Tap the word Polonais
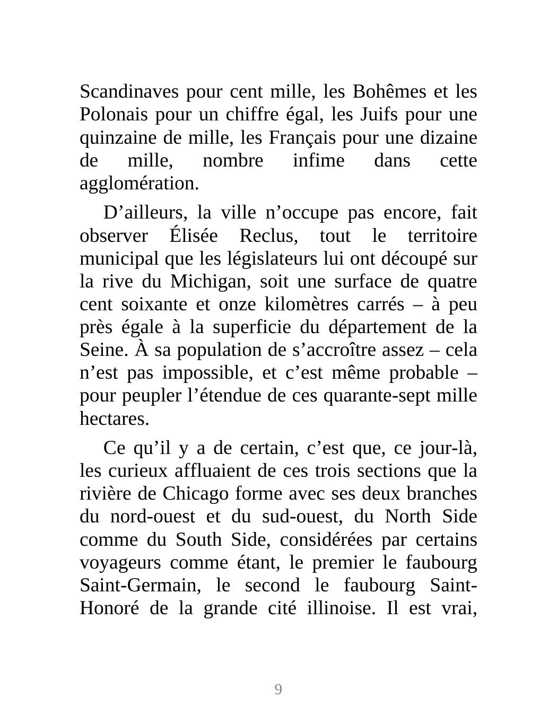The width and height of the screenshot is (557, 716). [x=110, y=115]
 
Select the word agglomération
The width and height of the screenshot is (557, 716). [x=139, y=184]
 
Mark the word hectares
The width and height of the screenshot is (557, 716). [x=114, y=419]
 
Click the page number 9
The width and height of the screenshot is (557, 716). [x=278, y=689]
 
